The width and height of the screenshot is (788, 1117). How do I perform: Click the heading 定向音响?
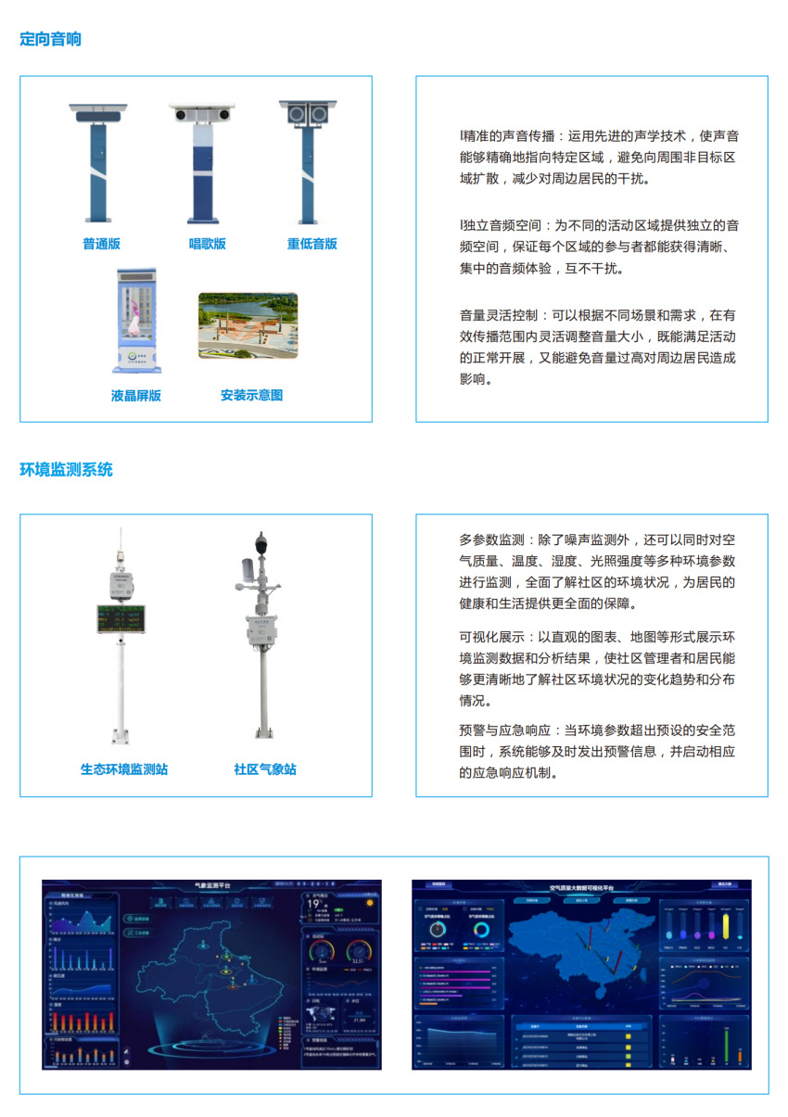(x=50, y=39)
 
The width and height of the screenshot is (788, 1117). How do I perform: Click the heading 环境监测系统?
(x=66, y=469)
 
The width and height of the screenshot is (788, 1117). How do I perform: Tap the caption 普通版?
(x=101, y=244)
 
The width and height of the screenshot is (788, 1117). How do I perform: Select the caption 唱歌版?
(x=208, y=244)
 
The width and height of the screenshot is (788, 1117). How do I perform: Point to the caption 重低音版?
(x=311, y=244)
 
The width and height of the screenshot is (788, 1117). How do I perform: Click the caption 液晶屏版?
(x=135, y=395)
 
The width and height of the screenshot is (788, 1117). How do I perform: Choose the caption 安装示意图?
(x=251, y=395)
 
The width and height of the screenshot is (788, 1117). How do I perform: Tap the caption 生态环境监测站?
(x=124, y=769)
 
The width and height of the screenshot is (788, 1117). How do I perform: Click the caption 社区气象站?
(x=265, y=769)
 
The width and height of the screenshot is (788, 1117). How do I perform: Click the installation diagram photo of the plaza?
(x=248, y=325)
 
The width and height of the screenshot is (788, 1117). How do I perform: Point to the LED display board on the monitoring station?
(x=120, y=620)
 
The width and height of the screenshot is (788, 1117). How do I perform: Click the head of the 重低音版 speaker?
(x=308, y=113)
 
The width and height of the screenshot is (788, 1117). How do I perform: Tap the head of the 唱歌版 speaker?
(x=202, y=113)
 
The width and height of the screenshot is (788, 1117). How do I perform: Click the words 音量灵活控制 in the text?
(x=491, y=315)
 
